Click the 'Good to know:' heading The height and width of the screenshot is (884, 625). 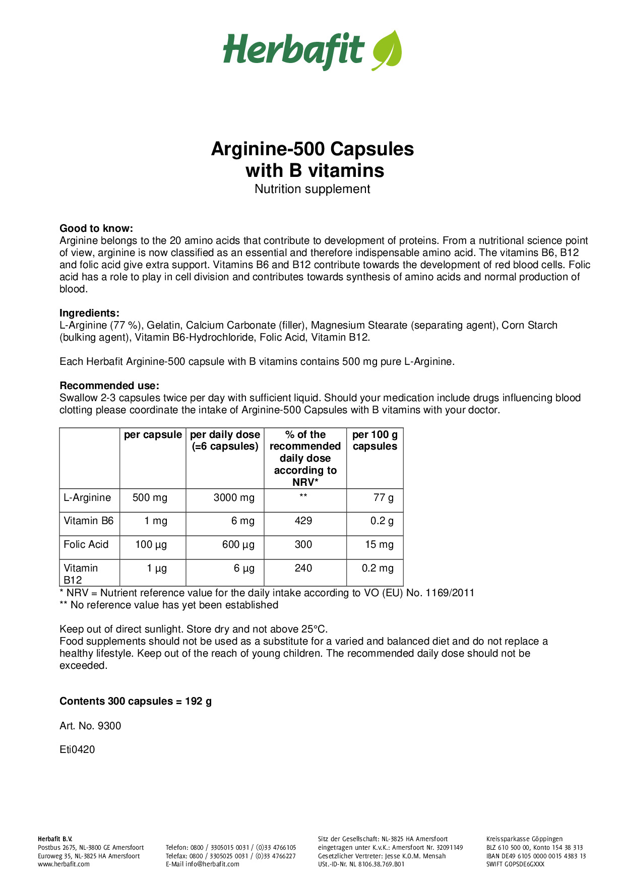[x=96, y=228]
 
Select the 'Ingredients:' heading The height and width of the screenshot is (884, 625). [x=89, y=313]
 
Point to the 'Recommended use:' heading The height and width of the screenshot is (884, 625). [x=109, y=386]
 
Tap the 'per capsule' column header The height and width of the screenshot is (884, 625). [x=153, y=435]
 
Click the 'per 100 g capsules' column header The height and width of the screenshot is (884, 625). [x=374, y=440]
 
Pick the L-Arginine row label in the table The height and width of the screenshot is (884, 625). [x=87, y=497]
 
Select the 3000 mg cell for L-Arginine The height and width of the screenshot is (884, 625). [x=234, y=497]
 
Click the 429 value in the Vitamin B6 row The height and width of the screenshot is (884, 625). [x=303, y=521]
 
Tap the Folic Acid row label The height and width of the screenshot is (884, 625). [x=86, y=544]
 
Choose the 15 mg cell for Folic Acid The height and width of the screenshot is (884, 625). [x=379, y=544]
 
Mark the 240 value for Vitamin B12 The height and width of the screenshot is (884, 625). [x=303, y=568]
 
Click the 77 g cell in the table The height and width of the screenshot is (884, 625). [x=384, y=497]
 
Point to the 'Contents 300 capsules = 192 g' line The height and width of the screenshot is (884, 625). [x=136, y=701]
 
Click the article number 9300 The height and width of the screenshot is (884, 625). [x=109, y=726]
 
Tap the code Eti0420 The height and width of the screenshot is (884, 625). [x=77, y=749]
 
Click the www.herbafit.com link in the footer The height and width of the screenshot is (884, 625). [x=64, y=864]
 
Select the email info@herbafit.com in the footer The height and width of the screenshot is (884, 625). [x=212, y=864]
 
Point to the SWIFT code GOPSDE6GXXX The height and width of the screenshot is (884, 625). [x=515, y=864]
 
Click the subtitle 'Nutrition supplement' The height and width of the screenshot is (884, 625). [x=312, y=189]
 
